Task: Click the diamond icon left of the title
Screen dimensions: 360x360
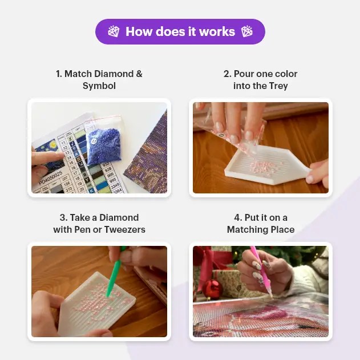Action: tap(114, 31)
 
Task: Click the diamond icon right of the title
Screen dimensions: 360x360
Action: tap(246, 31)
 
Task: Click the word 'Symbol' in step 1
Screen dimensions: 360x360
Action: tap(99, 86)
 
